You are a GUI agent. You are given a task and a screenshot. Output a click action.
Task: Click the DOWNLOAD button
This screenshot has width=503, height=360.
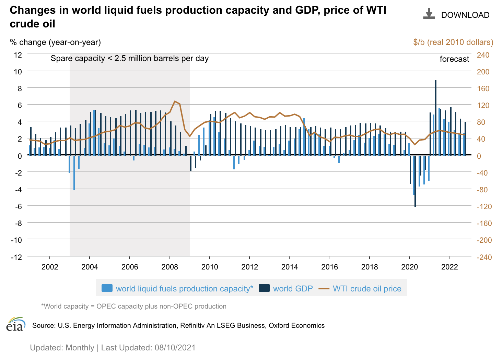pyautogui.click(x=456, y=15)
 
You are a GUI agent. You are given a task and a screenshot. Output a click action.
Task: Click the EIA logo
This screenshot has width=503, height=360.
pyautogui.click(x=16, y=324)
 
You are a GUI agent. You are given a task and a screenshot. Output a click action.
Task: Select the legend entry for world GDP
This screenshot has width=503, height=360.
pyautogui.click(x=286, y=288)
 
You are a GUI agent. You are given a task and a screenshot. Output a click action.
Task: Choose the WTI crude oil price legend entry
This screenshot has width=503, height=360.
pyautogui.click(x=360, y=288)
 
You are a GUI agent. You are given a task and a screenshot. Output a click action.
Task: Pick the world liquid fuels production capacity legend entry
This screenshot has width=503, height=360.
pyautogui.click(x=177, y=288)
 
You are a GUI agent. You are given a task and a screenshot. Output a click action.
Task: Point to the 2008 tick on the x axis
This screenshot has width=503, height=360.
pyautogui.click(x=169, y=267)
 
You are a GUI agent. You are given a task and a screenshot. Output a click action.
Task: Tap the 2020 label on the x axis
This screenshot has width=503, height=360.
pyautogui.click(x=409, y=267)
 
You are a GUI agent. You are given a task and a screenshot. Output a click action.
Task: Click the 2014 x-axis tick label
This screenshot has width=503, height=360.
pyautogui.click(x=289, y=267)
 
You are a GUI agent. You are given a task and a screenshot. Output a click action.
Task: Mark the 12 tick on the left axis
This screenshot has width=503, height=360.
pyautogui.click(x=17, y=55)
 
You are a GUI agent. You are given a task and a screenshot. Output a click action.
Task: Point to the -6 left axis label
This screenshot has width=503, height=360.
pyautogui.click(x=17, y=206)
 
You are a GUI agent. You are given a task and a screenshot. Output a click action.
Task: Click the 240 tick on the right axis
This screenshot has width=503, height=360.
pyautogui.click(x=483, y=55)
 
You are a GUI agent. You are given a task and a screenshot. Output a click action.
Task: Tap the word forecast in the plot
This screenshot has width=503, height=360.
pyautogui.click(x=454, y=59)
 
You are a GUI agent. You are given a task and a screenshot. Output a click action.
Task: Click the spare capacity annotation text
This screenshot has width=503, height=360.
pyautogui.click(x=130, y=58)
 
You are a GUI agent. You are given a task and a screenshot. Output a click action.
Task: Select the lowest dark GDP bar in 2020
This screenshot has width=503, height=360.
pyautogui.click(x=415, y=182)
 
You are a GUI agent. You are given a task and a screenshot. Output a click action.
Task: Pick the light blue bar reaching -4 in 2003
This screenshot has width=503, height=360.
pyautogui.click(x=74, y=173)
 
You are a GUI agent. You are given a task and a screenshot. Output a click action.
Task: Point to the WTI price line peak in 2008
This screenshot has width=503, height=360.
pyautogui.click(x=175, y=101)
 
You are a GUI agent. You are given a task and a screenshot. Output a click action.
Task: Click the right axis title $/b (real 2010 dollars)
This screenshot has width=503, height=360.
pyautogui.click(x=453, y=42)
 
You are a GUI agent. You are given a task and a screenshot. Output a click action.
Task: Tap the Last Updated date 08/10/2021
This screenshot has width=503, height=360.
pyautogui.click(x=175, y=348)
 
